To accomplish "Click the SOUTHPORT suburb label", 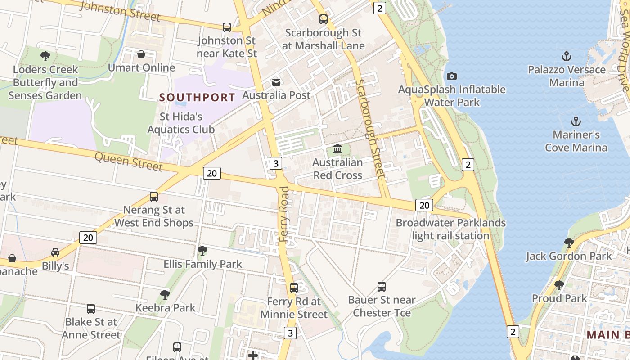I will pyautogui.click(x=197, y=97).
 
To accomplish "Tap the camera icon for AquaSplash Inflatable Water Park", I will pyautogui.click(x=452, y=76).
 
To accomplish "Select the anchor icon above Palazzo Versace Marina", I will pyautogui.click(x=567, y=56).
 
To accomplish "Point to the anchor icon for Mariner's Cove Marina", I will pyautogui.click(x=576, y=121).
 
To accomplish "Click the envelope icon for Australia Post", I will pyautogui.click(x=276, y=82).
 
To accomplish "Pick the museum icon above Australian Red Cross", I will pyautogui.click(x=337, y=148).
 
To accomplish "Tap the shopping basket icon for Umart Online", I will pyautogui.click(x=141, y=54).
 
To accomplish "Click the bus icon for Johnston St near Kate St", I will pyautogui.click(x=227, y=27).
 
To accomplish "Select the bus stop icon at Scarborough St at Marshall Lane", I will pyautogui.click(x=324, y=19).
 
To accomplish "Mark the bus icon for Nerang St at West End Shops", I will pyautogui.click(x=154, y=197).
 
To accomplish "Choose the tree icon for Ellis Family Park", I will pyautogui.click(x=202, y=251).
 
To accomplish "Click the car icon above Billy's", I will pyautogui.click(x=55, y=252).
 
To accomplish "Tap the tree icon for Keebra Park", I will pyautogui.click(x=165, y=295).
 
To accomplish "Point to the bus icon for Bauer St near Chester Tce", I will pyautogui.click(x=382, y=286).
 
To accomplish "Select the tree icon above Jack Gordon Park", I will pyautogui.click(x=569, y=243).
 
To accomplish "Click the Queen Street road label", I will pyautogui.click(x=129, y=162).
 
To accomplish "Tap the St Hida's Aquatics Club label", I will pyautogui.click(x=181, y=123).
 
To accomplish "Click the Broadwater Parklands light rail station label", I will pyautogui.click(x=450, y=229).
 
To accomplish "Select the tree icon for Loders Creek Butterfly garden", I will pyautogui.click(x=45, y=56).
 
